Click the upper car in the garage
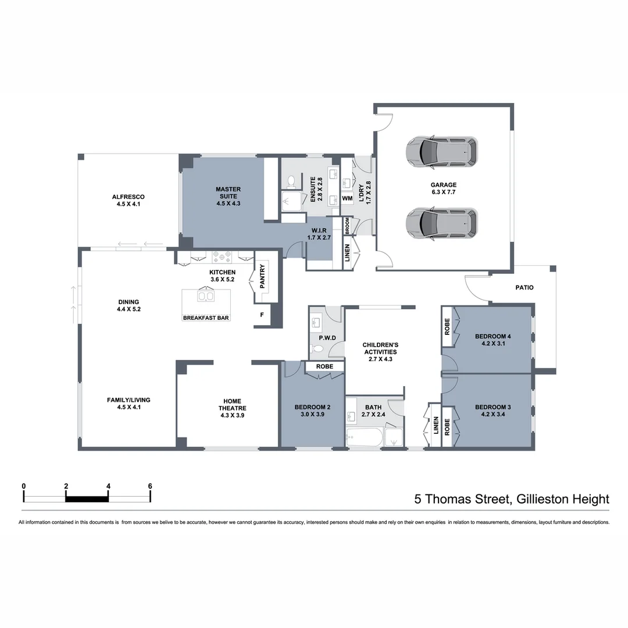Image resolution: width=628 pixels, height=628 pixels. coord(442,151)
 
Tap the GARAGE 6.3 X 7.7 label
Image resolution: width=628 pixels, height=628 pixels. coord(443,189)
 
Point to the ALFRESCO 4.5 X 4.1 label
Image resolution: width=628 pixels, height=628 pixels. coord(128,201)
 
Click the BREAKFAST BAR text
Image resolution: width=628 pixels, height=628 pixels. coord(206,318)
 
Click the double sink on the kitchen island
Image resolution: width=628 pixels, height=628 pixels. coord(206,297)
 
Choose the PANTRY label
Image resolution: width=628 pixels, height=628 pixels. coord(262,276)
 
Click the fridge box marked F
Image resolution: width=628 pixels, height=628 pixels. coord(262,315)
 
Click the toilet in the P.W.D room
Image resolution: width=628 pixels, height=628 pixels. coord(316,349)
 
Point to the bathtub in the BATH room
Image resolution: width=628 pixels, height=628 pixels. coord(364,438)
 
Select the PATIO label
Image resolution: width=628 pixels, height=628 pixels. coord(524,287)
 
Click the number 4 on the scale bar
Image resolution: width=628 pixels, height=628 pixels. coord(108,486)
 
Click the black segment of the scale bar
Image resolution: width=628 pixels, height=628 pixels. coord(87,498)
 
